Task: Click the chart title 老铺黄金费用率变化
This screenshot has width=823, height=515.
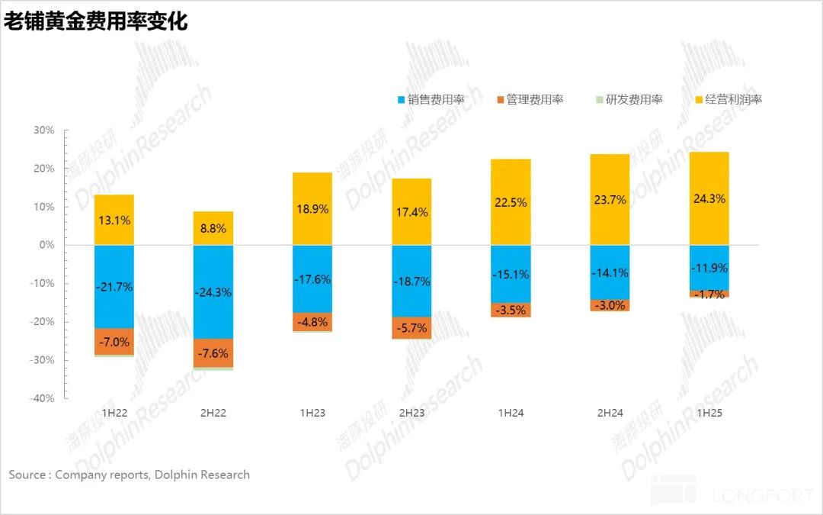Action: (95, 21)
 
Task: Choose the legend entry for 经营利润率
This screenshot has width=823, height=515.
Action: (729, 99)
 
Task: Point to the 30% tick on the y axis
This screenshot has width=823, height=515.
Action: (43, 130)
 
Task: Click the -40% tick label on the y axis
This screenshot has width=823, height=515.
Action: (42, 398)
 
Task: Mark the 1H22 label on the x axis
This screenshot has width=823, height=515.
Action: (114, 413)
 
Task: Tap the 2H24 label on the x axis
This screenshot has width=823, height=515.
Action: (610, 413)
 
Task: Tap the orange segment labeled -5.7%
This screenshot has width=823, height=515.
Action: (411, 328)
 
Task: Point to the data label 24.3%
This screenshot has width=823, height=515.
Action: (709, 198)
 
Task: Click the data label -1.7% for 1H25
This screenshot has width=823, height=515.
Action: (709, 294)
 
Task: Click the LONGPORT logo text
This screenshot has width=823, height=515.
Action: (764, 496)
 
